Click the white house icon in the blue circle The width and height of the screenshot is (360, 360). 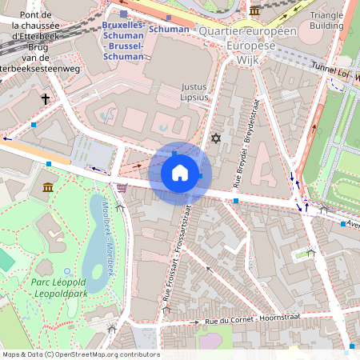pos(180,173)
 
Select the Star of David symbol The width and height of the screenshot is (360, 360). pos(214,138)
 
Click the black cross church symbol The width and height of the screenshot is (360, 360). pos(46,99)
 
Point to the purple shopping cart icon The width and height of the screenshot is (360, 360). pos(121,189)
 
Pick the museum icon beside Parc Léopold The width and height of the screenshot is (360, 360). pos(48,187)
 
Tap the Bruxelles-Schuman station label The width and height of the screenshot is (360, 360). pos(123,42)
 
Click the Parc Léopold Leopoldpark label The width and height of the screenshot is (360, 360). pos(54,288)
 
